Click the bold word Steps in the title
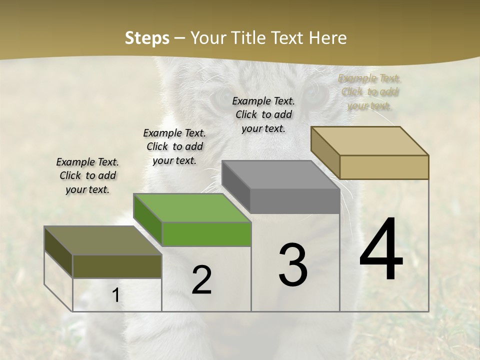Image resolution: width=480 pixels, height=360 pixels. pyautogui.click(x=147, y=38)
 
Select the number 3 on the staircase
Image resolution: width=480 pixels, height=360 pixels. pyautogui.click(x=292, y=265)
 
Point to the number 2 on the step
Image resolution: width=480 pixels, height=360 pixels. pyautogui.click(x=201, y=280)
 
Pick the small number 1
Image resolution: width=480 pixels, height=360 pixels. pyautogui.click(x=116, y=295)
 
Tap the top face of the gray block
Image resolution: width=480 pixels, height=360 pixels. pyautogui.click(x=280, y=174)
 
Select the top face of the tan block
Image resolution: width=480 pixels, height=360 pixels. pyautogui.click(x=370, y=140)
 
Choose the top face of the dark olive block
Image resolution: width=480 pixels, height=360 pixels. pyautogui.click(x=103, y=240)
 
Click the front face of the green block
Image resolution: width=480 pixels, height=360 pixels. pyautogui.click(x=206, y=234)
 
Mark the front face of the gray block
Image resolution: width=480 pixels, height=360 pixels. pyautogui.click(x=295, y=201)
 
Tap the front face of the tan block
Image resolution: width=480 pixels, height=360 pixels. pyautogui.click(x=384, y=167)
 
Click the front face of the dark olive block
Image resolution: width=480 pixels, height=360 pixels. pyautogui.click(x=117, y=266)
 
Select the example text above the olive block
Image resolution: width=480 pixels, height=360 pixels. pyautogui.click(x=87, y=175)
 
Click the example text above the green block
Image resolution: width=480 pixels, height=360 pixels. pyautogui.click(x=174, y=146)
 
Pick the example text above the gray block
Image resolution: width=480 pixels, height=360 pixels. pyautogui.click(x=263, y=114)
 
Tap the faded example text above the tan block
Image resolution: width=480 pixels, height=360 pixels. pyautogui.click(x=369, y=91)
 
